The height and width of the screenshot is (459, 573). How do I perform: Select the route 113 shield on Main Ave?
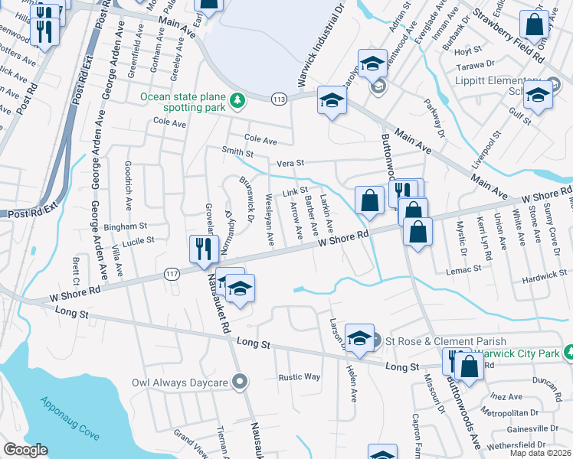(x=280, y=99)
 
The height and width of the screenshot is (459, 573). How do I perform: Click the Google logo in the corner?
(x=25, y=451)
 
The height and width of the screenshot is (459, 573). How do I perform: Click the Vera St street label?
(x=290, y=163)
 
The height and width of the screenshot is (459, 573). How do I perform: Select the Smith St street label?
(x=237, y=152)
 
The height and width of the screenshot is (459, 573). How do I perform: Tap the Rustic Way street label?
(x=300, y=376)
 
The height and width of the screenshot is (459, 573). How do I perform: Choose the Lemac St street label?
(x=465, y=269)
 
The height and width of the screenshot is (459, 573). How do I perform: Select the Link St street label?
(x=295, y=191)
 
